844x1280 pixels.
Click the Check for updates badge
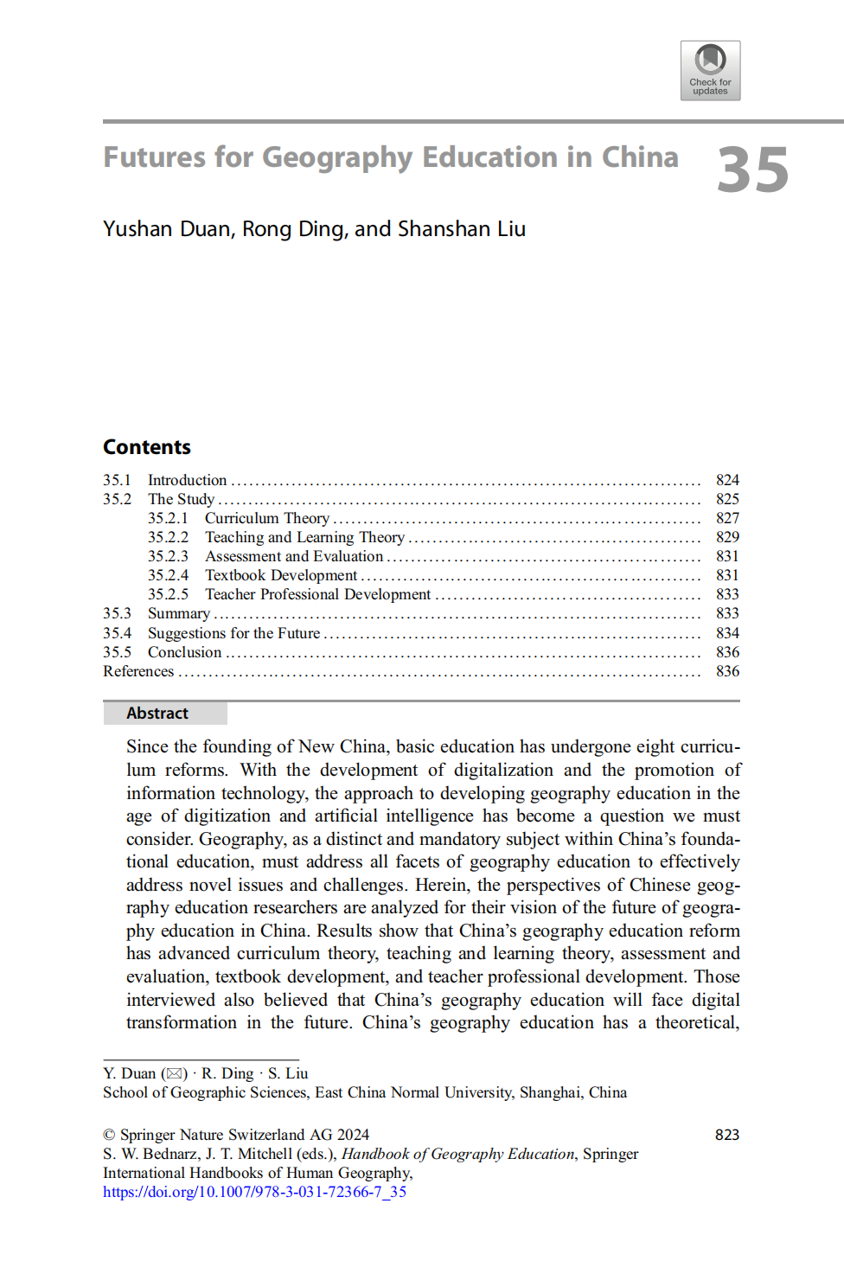click(x=710, y=70)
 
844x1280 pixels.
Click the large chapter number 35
click(x=752, y=170)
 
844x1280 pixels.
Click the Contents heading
click(x=147, y=447)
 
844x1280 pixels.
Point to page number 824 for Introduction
click(x=727, y=480)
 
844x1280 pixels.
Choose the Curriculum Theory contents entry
click(x=267, y=518)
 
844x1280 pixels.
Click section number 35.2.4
click(x=168, y=575)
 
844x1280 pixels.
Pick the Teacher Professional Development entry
click(x=317, y=594)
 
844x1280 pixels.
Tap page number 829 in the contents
click(x=727, y=537)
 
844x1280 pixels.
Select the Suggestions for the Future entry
click(x=233, y=633)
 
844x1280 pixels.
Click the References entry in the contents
click(x=138, y=671)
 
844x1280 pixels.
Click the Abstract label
click(x=157, y=714)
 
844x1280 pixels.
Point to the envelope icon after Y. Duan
click(x=175, y=1073)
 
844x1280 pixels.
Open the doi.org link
click(x=254, y=1192)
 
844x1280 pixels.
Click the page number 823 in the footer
click(x=727, y=1135)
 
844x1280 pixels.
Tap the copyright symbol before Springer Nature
click(x=109, y=1135)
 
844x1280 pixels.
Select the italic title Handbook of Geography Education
click(x=457, y=1154)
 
